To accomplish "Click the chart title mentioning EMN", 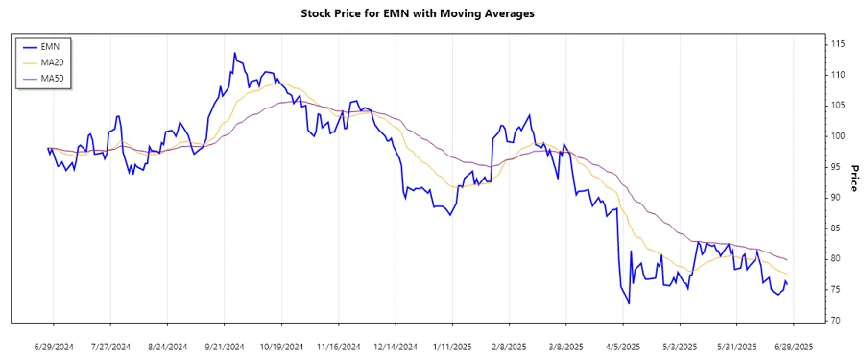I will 431,13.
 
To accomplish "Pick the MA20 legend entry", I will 52,61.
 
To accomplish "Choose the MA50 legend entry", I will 52,77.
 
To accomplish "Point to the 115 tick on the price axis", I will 838,44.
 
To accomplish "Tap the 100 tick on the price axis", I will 838,136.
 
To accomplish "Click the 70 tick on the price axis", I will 838,320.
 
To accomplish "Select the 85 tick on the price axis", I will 838,228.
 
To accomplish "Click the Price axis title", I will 853,178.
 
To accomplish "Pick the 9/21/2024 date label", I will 224,345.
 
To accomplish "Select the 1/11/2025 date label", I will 452,345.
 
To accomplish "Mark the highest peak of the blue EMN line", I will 234,54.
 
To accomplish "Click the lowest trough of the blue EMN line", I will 629,304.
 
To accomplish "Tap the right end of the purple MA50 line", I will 788,260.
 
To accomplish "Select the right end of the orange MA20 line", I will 788,275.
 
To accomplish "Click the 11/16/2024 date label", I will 338,345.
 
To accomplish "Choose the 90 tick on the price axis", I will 838,197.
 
